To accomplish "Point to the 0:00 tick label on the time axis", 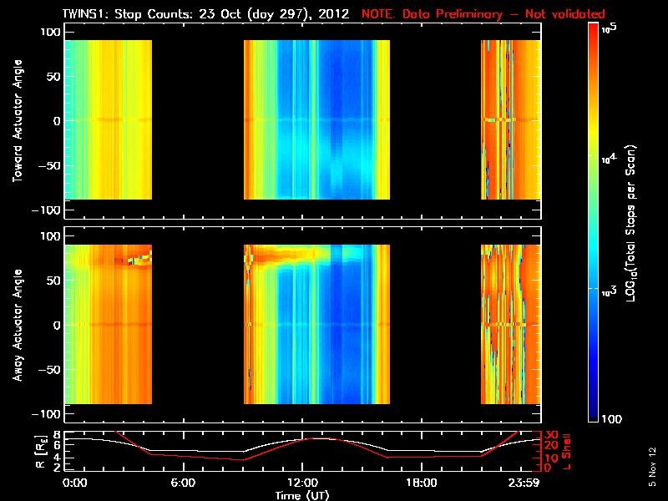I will point(74,482).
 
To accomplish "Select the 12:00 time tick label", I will point(301,482).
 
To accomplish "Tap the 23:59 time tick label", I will point(528,482).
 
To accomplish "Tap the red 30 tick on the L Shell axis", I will point(551,435).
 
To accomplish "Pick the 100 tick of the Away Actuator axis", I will point(49,236).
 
